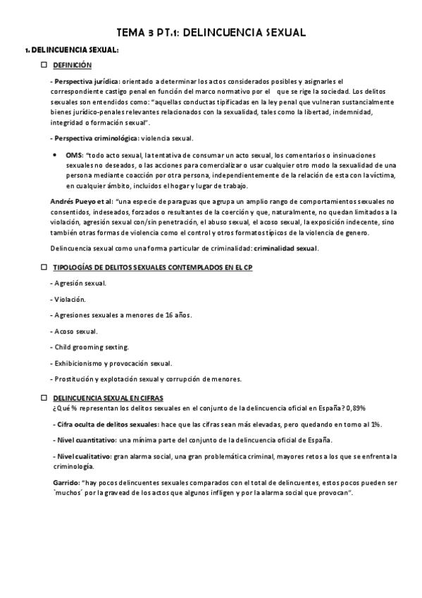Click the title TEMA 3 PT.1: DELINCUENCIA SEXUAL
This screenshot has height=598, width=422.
point(211,32)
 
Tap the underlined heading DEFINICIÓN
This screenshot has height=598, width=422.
point(73,65)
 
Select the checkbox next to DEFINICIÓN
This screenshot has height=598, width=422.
point(43,65)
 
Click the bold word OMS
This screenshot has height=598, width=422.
point(74,154)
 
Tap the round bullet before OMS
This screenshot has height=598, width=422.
point(55,154)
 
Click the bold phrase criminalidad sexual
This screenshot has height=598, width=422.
point(286,248)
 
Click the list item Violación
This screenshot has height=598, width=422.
point(75,299)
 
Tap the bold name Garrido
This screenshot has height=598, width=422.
point(65,482)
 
